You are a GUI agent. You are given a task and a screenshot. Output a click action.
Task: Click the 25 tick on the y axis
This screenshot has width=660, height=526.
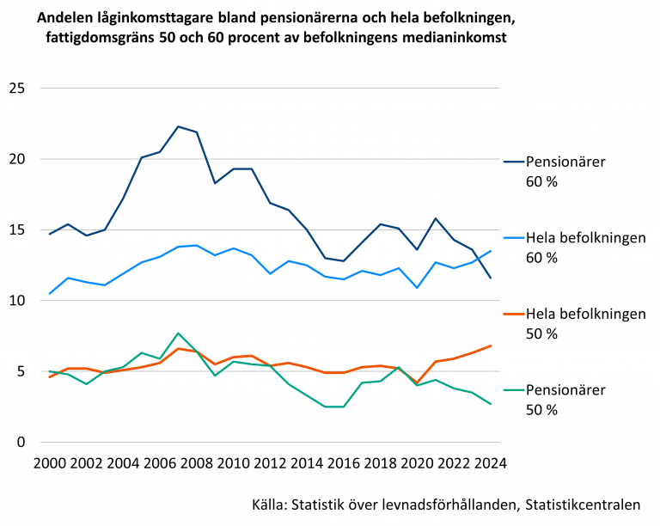[x=17, y=89]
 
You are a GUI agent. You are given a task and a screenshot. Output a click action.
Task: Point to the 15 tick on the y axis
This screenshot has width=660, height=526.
[x=17, y=230]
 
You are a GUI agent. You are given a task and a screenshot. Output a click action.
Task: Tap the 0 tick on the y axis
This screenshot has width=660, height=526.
[x=21, y=443]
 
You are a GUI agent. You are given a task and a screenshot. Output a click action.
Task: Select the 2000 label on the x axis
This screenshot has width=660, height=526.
[x=50, y=463]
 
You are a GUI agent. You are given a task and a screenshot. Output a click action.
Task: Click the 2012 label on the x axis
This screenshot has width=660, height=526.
[x=270, y=463]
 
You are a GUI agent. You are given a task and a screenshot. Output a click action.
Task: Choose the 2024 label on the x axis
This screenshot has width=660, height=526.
[x=491, y=463]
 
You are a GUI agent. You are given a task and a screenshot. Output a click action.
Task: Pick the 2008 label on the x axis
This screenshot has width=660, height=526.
[x=197, y=463]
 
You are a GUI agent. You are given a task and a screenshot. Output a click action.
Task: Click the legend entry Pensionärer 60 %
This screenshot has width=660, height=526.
[x=555, y=172]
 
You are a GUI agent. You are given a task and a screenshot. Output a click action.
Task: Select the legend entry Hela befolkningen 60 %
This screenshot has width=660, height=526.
[x=575, y=248]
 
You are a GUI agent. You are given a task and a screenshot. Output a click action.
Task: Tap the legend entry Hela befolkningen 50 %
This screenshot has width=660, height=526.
[x=575, y=324]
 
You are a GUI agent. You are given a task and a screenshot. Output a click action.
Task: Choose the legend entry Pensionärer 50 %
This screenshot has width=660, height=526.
[x=555, y=400]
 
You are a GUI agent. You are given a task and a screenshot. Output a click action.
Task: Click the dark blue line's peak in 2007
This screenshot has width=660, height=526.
[x=178, y=126]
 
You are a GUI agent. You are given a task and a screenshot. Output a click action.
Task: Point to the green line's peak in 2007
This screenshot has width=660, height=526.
[x=178, y=333]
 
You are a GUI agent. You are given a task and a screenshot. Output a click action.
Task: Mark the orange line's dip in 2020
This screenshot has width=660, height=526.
[x=417, y=382]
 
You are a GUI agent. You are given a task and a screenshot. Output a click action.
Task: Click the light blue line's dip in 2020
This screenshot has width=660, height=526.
[x=417, y=288]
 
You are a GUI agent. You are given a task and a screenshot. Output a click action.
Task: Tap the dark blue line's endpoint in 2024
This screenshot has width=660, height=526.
[x=491, y=278]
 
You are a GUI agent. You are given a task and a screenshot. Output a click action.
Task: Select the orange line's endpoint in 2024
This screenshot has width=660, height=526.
[x=491, y=346]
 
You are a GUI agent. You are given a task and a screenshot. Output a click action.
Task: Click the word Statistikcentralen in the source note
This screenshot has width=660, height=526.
[x=583, y=505]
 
